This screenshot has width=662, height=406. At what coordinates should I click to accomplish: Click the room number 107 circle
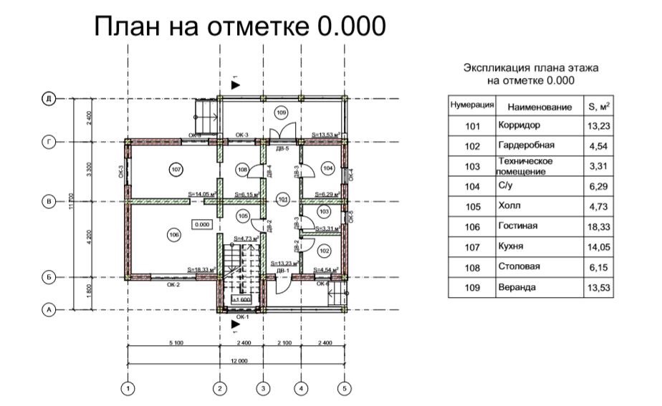coord(176,169)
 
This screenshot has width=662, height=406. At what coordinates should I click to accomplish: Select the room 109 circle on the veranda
coord(281,113)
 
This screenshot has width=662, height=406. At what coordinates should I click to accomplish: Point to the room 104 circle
coord(327,168)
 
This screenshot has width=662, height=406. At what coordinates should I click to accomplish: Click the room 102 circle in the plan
coord(324,251)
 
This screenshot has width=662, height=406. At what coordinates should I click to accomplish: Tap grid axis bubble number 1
coord(128,389)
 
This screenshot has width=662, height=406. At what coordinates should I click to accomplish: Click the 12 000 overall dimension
coord(236,362)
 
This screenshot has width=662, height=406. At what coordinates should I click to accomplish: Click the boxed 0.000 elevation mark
coord(202,224)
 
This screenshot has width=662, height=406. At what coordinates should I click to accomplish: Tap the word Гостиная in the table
coord(517,226)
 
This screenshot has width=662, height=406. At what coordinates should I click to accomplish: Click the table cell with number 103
coord(471,166)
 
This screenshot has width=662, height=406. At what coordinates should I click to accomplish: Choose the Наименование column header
coord(539,107)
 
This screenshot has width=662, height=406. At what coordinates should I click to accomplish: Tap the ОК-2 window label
coord(173,284)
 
